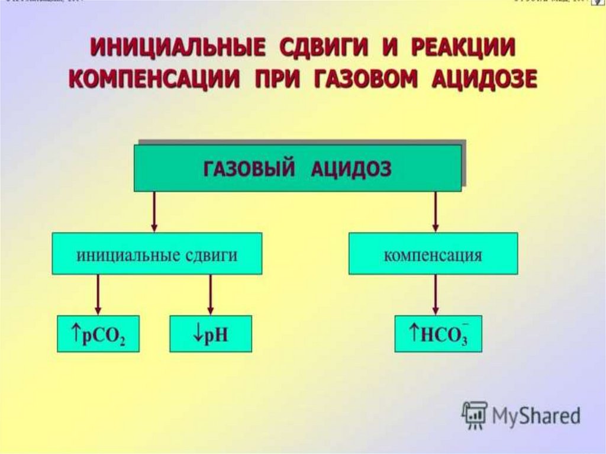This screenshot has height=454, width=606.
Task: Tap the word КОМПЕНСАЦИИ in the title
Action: [x=155, y=78]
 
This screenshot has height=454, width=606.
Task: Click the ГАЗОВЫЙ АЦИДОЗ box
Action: [x=297, y=169]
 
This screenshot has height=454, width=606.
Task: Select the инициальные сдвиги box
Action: [x=157, y=254]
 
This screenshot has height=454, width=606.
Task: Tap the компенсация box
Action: [x=433, y=254]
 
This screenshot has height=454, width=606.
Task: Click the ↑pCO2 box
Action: [x=98, y=335]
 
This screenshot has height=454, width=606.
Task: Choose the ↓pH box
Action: [x=211, y=334]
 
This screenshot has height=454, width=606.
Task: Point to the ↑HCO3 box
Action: [x=438, y=334]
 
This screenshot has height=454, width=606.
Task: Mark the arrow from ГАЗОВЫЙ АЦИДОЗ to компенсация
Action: [x=436, y=211]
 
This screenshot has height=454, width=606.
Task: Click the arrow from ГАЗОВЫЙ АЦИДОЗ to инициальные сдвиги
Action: [x=154, y=211]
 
